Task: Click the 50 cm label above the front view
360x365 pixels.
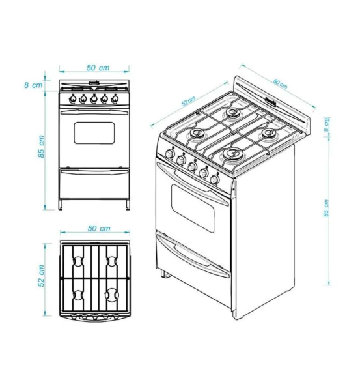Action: pos(98,68)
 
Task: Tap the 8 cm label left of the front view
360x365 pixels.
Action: pos(33,85)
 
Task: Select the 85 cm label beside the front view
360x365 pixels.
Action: pos(41,147)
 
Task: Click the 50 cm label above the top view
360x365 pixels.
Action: pos(99,228)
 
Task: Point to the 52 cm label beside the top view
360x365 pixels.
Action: pos(41,276)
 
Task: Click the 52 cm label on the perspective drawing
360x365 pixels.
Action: pos(189,102)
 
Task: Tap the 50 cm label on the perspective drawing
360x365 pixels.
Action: pos(280,84)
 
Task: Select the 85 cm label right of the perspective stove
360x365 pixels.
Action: pos(326,208)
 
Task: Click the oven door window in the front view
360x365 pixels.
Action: pos(94,133)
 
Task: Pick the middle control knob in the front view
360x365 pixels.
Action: pos(94,98)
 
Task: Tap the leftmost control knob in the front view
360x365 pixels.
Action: pos(73,98)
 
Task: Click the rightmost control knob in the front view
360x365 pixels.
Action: pos(115,98)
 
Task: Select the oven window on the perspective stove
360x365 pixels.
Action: pos(193,208)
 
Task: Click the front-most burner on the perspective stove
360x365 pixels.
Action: pos(233,153)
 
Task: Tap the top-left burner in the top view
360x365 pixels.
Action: pos(78,261)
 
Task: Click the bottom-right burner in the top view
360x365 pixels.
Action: pos(112,295)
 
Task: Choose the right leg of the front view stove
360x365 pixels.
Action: pos(128,205)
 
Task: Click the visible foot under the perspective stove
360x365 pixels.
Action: pos(165,274)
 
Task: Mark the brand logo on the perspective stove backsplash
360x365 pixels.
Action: pos(271,101)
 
